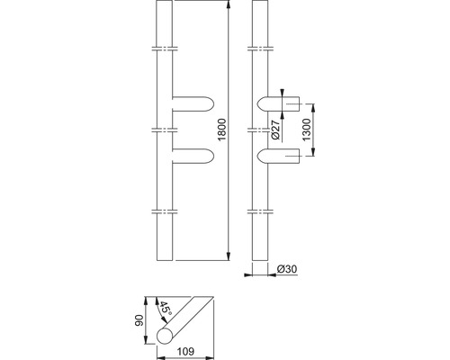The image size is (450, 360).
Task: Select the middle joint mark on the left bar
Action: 163,129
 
